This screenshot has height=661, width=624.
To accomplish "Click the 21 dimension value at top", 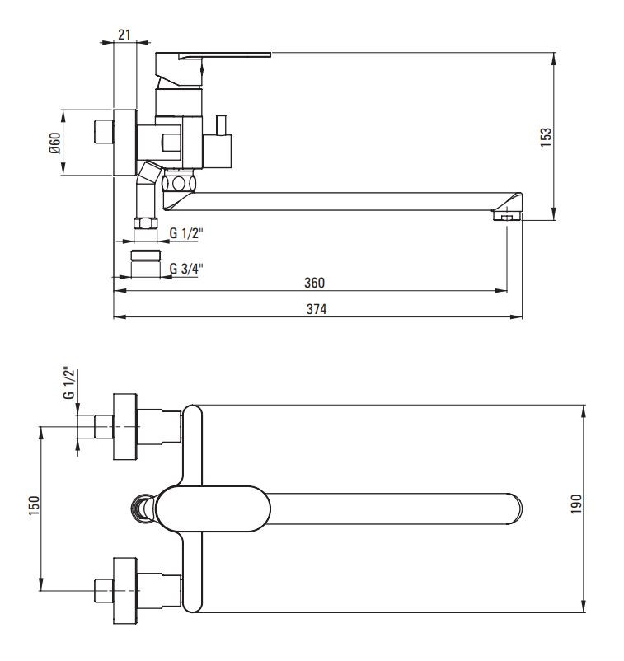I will [124, 34].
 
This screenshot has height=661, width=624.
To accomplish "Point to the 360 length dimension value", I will [315, 283].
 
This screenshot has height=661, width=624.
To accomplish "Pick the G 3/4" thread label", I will [186, 268].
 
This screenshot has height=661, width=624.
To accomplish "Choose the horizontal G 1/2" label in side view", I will [186, 233].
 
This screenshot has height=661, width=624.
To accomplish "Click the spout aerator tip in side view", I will [506, 217].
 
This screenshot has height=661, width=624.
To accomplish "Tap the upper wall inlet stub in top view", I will [104, 426].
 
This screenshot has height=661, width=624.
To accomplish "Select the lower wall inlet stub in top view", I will [104, 588].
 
